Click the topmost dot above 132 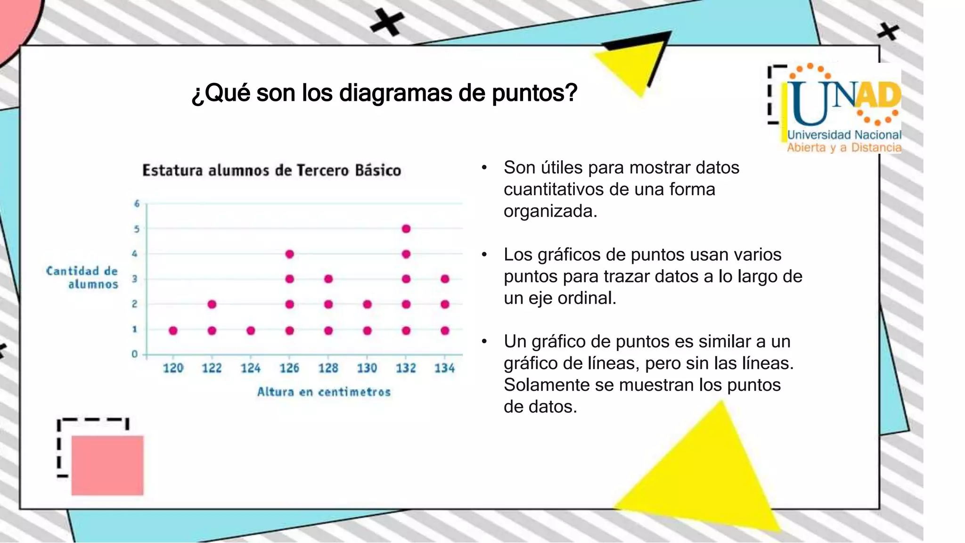(406, 229)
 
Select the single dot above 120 (173, 331)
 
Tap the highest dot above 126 (290, 255)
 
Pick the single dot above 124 (251, 331)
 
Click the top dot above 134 (445, 279)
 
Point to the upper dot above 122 (212, 304)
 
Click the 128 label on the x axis (328, 368)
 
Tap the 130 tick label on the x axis (367, 368)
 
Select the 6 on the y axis (137, 204)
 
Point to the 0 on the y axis (135, 354)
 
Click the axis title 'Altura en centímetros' (324, 392)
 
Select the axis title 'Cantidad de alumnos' (82, 278)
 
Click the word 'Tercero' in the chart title (323, 170)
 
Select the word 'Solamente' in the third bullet (547, 385)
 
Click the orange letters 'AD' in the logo (877, 96)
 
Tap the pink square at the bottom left (107, 465)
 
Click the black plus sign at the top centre (387, 22)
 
